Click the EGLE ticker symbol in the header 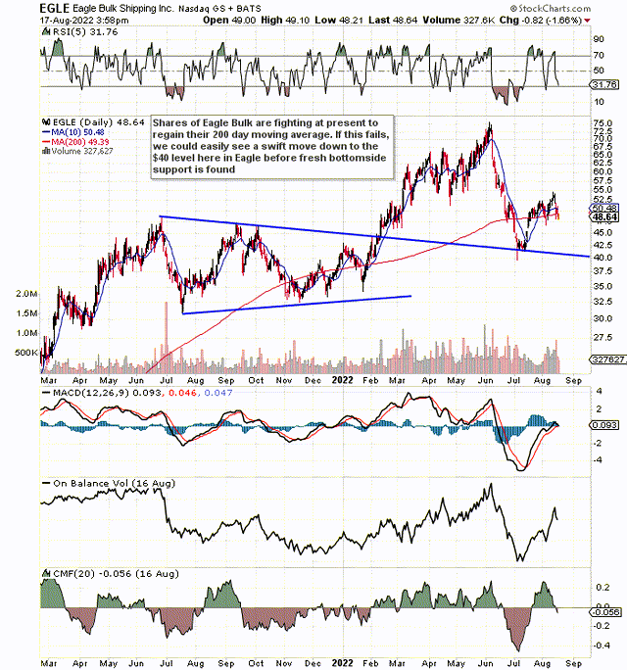55,8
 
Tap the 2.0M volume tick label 26,294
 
